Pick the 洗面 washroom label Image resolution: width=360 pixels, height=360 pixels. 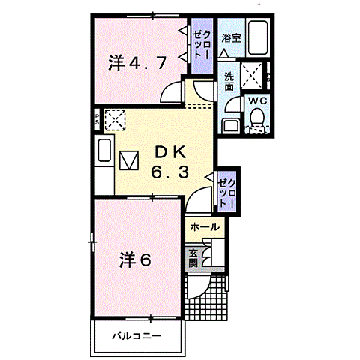(228, 79)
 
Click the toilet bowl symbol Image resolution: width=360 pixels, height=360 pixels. (256, 119)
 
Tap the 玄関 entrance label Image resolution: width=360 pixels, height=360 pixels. (193, 257)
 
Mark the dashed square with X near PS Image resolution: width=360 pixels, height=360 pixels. (115, 119)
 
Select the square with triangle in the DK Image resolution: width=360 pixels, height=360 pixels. (129, 160)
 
